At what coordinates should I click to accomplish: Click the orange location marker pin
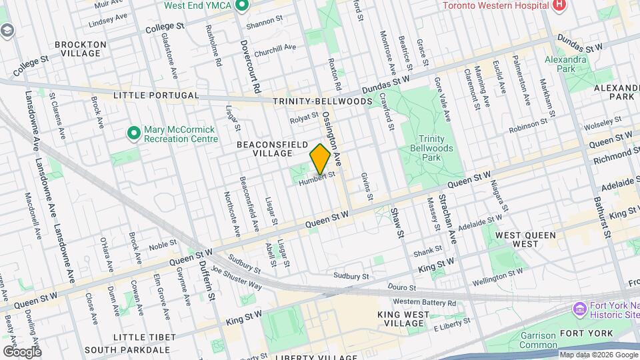(x=320, y=158)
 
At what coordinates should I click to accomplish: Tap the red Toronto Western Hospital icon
(x=559, y=5)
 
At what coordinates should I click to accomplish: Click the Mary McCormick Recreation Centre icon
(x=133, y=134)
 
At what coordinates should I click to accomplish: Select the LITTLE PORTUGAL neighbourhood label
(x=156, y=95)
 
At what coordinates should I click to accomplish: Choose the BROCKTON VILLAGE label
(x=81, y=49)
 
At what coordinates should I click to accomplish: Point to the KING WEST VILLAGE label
(x=410, y=319)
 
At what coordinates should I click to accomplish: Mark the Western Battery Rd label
(x=424, y=302)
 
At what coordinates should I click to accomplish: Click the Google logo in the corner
(x=21, y=351)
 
